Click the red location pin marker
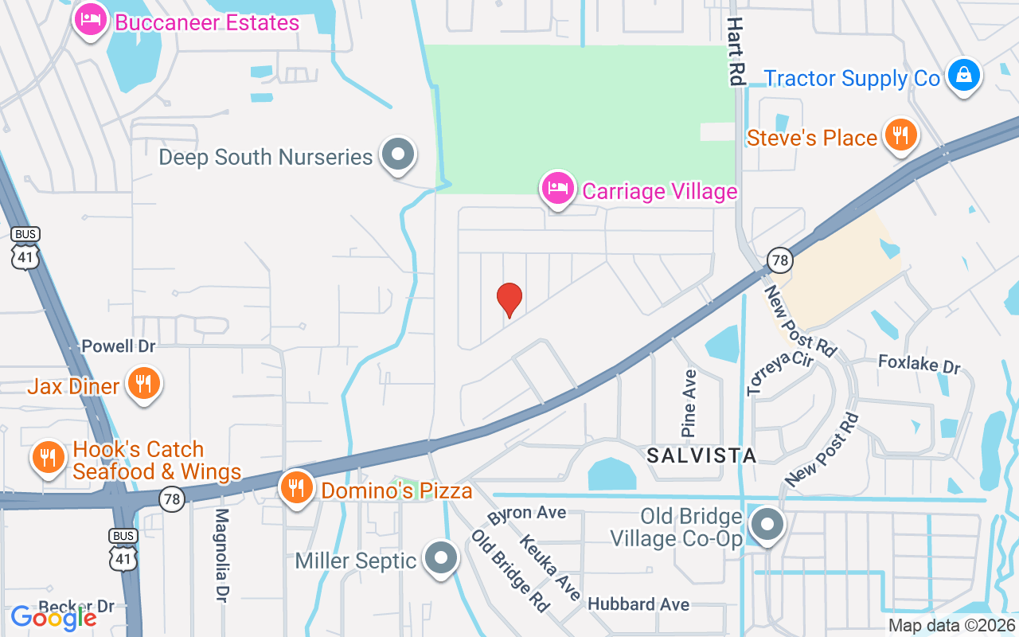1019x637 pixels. (x=509, y=300)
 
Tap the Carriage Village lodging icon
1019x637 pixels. (x=558, y=190)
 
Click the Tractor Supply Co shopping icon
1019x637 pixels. (x=964, y=76)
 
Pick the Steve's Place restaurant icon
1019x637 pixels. (x=900, y=135)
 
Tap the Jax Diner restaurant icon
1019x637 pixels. (x=144, y=385)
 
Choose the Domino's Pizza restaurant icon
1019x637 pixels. (x=297, y=487)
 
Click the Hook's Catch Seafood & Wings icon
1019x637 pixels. (x=49, y=458)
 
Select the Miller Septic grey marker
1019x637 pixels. (x=441, y=559)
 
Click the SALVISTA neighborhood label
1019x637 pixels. (x=701, y=455)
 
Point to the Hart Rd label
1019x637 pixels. (x=734, y=52)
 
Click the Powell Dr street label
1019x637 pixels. (x=119, y=346)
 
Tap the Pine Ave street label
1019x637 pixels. (x=689, y=403)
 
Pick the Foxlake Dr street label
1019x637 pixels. (x=919, y=365)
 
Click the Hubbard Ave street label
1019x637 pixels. (x=638, y=604)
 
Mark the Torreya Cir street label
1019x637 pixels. (x=779, y=371)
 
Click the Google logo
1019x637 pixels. (x=53, y=617)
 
